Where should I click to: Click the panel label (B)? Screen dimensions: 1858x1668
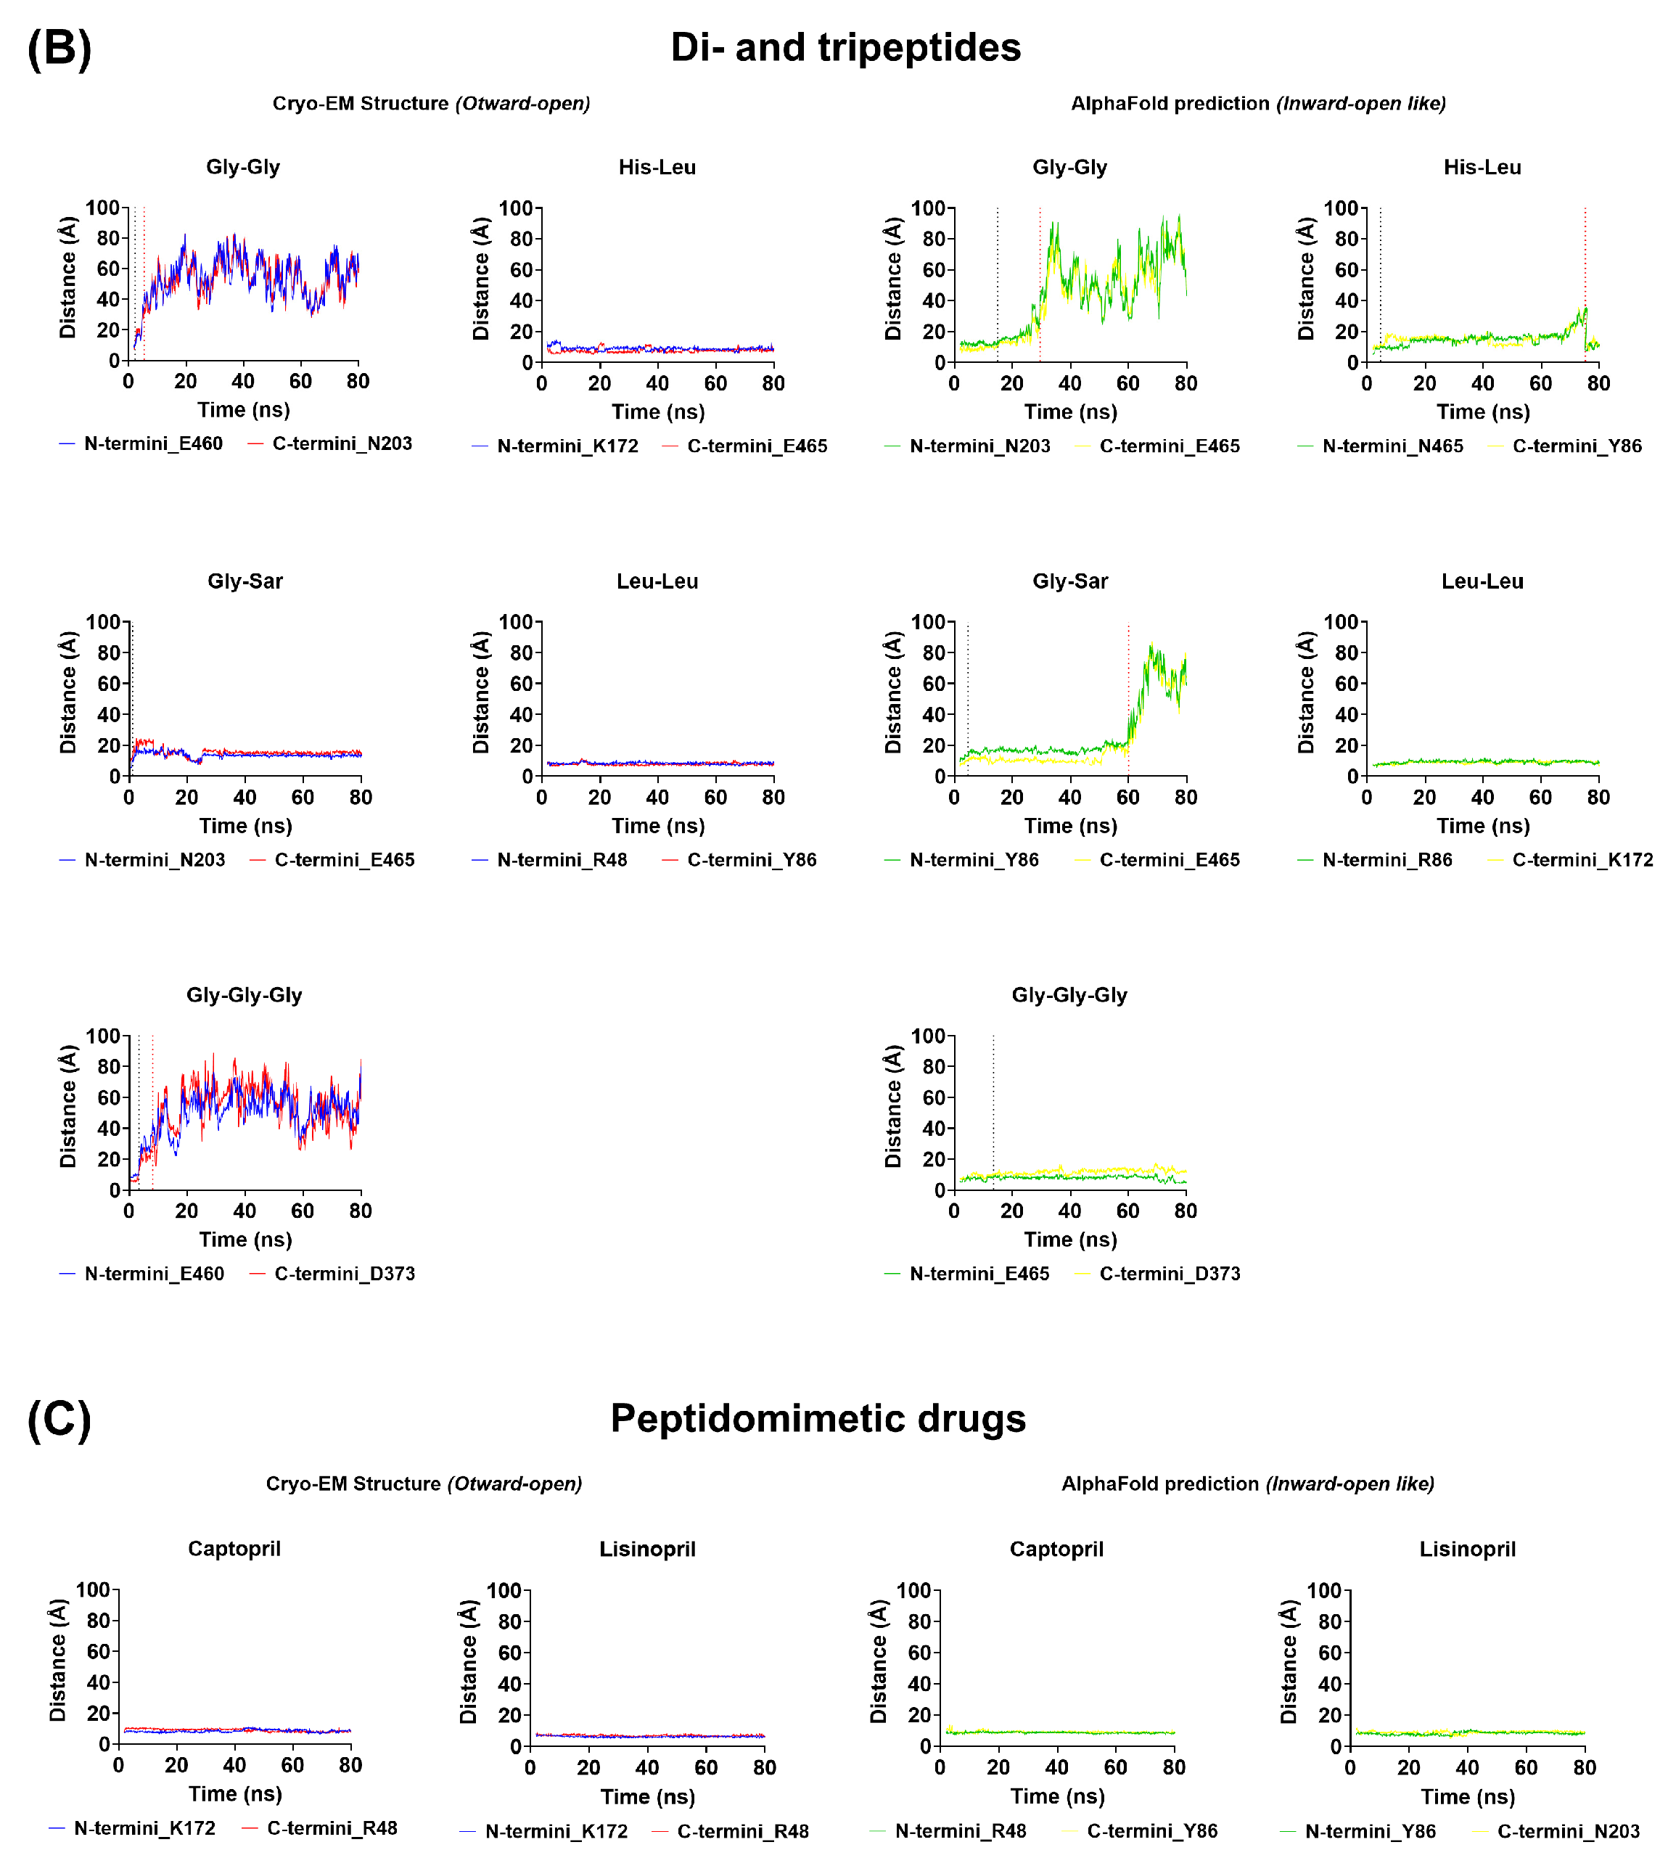59,49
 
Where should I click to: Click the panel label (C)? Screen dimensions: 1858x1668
59,1420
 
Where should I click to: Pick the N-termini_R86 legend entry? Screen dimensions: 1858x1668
1386,860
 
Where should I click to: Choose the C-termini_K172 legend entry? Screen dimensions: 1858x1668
1582,860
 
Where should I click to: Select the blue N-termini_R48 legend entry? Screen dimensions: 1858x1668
562,860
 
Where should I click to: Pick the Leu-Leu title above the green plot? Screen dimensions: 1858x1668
1482,581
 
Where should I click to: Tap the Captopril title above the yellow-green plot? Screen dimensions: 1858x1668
1056,1549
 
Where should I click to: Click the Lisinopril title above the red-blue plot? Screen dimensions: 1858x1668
647,1549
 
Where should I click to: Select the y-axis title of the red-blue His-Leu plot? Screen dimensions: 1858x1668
481,279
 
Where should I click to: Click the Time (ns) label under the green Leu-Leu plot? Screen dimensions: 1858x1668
1483,826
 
